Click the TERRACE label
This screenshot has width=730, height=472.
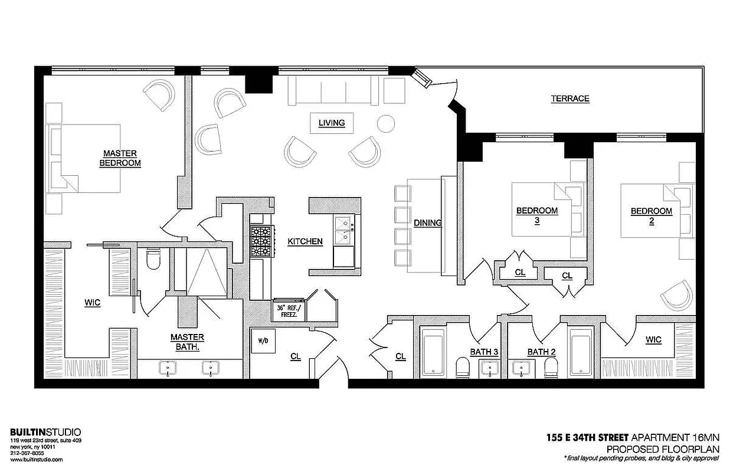click(570, 99)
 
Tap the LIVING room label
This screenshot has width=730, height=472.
click(332, 123)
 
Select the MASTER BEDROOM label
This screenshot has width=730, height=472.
click(120, 158)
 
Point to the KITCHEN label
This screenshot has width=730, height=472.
click(305, 241)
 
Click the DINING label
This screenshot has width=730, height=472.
click(428, 222)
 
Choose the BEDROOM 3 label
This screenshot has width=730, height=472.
click(537, 215)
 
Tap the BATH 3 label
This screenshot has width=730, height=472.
click(484, 352)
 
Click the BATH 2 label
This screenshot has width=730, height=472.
click(542, 352)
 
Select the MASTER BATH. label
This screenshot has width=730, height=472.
click(188, 342)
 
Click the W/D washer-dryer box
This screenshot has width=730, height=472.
click(263, 340)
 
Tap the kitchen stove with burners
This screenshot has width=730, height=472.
click(261, 241)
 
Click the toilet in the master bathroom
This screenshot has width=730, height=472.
click(153, 259)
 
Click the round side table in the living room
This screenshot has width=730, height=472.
click(385, 123)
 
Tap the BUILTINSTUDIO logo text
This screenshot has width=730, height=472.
click(46, 432)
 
